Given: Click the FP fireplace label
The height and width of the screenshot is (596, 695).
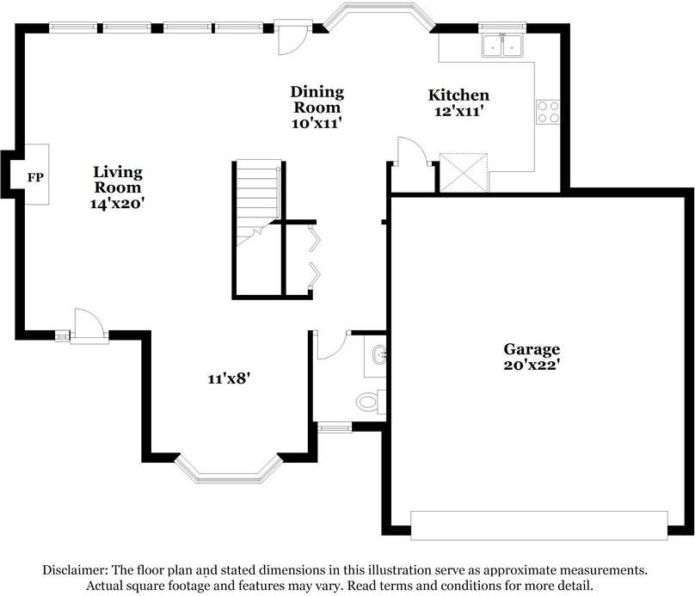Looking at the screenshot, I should tap(35, 178).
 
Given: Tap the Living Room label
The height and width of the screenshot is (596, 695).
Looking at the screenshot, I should tap(118, 180).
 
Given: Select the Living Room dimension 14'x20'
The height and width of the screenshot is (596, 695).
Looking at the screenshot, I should tap(118, 204).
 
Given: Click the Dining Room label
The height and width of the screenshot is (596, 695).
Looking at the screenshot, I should tap(317, 100).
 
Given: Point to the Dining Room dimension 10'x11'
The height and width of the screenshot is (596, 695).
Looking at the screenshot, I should tap(317, 123).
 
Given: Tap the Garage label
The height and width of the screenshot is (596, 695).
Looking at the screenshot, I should tap(532, 349).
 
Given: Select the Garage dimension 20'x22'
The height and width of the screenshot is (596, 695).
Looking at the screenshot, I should tap(532, 365).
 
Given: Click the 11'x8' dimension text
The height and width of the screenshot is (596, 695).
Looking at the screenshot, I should tap(228, 377).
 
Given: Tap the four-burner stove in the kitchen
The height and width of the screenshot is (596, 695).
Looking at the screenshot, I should tap(548, 112).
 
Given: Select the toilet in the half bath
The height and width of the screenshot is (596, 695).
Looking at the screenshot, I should tap(368, 401).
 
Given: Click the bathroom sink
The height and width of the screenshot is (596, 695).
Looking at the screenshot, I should tap(377, 354).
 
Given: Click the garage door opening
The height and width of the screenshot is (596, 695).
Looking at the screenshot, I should tap(538, 525).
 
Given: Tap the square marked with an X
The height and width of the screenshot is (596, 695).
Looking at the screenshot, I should tap(464, 172).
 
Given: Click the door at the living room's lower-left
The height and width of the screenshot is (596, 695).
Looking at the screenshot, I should tap(89, 328).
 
